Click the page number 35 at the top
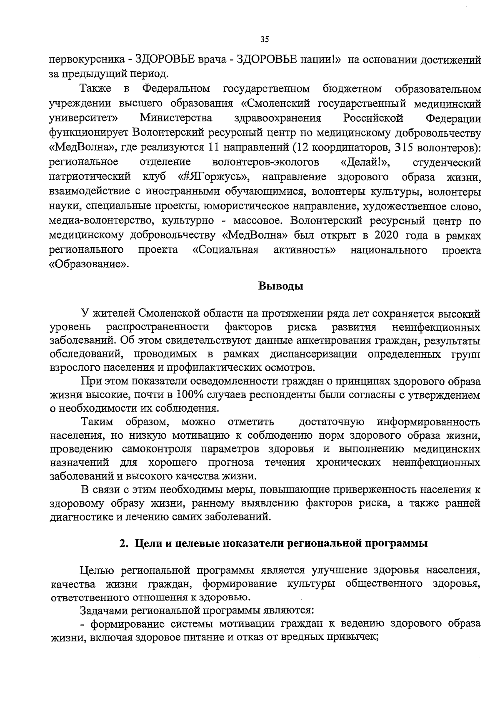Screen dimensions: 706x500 [x=265, y=40]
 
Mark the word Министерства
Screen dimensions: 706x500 [x=176, y=118]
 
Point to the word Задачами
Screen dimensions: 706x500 [x=103, y=611]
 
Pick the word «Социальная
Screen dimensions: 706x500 [x=225, y=250]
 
